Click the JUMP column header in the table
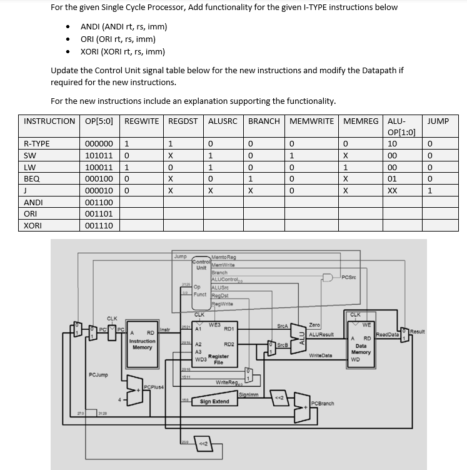tap(438, 121)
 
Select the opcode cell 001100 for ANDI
tap(98, 203)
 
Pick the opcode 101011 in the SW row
tap(98, 155)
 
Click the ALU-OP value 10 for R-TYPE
tap(392, 143)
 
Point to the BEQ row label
tap(31, 179)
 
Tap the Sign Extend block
tap(214, 401)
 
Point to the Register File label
tap(218, 359)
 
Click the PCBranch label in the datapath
tap(322, 404)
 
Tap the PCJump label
tap(98, 375)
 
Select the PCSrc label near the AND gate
tap(350, 277)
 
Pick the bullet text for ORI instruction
tap(118, 39)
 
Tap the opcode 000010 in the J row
tap(98, 191)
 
